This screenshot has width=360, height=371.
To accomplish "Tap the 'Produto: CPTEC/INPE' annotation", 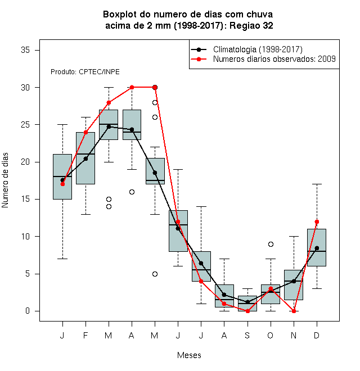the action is [x=85, y=72].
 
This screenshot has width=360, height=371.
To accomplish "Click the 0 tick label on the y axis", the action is [x=28, y=311].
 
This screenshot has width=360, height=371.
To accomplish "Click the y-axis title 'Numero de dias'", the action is [x=5, y=180].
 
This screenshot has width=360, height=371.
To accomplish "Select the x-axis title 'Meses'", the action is [x=189, y=355].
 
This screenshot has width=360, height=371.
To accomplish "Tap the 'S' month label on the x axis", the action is [x=247, y=335].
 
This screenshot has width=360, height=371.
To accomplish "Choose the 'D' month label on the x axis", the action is [x=317, y=335].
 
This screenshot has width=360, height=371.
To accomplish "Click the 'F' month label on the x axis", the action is [x=85, y=335].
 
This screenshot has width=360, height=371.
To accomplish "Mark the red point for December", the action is [x=317, y=221].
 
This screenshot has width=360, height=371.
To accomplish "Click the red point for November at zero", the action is [x=294, y=311].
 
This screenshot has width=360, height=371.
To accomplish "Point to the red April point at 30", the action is [x=132, y=87].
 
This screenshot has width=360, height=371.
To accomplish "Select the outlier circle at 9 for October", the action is [x=271, y=244].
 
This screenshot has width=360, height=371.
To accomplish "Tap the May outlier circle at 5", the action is [x=155, y=274].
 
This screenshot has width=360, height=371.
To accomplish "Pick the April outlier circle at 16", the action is [x=132, y=192].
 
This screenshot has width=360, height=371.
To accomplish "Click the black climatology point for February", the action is [x=85, y=159].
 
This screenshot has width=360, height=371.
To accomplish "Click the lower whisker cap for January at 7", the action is [x=62, y=259].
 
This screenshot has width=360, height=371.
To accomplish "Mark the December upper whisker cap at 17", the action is [x=317, y=184].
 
